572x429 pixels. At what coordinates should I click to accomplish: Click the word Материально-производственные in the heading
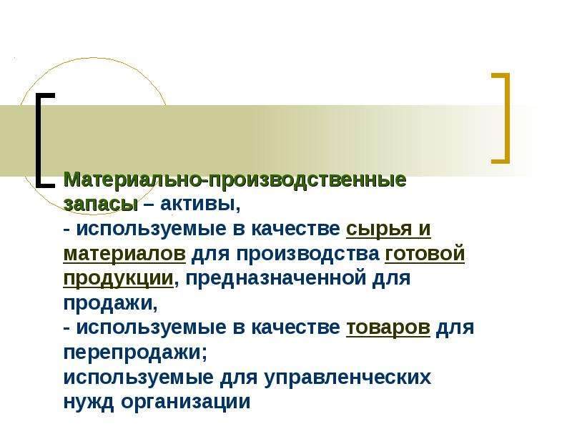[x=235, y=179]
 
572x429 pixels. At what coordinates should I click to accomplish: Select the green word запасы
[x=101, y=205]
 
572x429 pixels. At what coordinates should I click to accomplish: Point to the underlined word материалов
[x=124, y=254]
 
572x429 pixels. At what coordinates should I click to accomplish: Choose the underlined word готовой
[x=425, y=254]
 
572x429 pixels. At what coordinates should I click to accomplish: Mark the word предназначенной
[x=275, y=279]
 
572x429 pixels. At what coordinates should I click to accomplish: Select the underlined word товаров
[x=388, y=328]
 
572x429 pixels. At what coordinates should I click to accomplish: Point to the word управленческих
[x=347, y=378]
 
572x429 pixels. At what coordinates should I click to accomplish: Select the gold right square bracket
[x=507, y=118]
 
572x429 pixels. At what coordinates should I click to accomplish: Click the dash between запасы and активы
[x=149, y=205]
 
